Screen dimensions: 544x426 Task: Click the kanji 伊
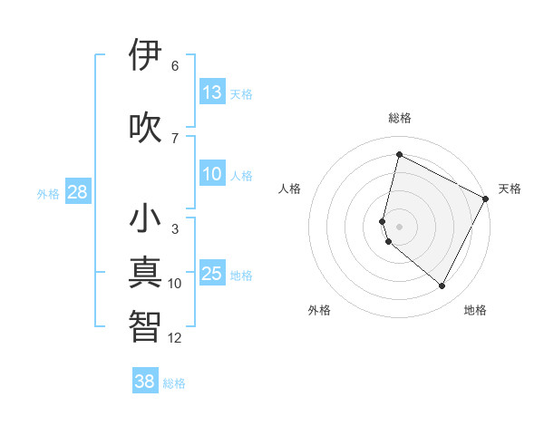coord(145,55)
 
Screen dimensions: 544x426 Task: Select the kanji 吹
coord(145,127)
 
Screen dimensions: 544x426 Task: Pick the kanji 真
coord(145,273)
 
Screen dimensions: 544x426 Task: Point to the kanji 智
coord(145,326)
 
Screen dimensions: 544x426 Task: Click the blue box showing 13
coord(212,92)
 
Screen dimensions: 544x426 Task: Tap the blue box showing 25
coord(212,274)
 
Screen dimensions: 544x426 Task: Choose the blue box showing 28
coord(77,192)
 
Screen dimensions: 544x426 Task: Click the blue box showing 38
coord(145,382)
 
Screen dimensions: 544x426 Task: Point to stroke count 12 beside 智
coord(175,338)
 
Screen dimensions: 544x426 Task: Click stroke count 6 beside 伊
coord(175,66)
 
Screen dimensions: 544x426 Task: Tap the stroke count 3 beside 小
coord(175,229)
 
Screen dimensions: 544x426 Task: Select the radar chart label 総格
coord(400,118)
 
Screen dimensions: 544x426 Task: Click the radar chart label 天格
coord(510,189)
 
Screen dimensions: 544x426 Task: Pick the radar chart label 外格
coord(319,310)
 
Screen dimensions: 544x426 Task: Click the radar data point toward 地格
coord(442,286)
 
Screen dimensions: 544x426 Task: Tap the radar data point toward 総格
coord(399,155)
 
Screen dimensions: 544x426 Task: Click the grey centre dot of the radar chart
coord(399,226)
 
